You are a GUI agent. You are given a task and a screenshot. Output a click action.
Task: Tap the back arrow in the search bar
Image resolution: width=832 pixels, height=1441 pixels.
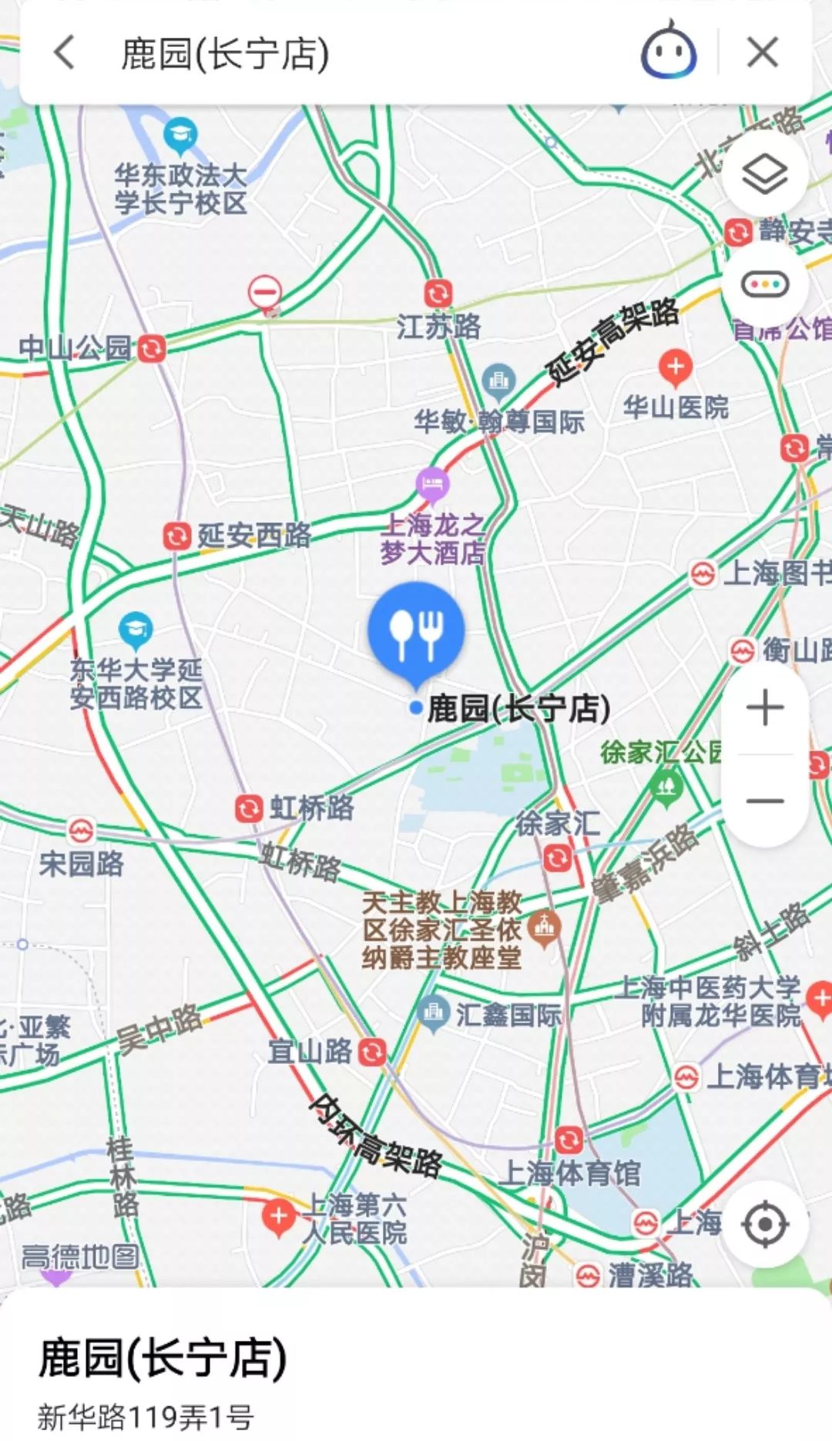(65, 53)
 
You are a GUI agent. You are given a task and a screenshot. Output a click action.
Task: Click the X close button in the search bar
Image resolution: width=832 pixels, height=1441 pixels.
(762, 53)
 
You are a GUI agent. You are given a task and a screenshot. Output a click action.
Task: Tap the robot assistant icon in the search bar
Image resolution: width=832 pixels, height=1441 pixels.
(669, 51)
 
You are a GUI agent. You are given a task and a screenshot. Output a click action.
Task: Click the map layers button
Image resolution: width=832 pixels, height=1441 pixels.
(764, 174)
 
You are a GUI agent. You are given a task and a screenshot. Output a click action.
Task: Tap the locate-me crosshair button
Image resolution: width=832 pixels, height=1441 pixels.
(764, 1224)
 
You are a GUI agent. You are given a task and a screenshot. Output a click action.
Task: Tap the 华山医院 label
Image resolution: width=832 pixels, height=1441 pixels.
(676, 406)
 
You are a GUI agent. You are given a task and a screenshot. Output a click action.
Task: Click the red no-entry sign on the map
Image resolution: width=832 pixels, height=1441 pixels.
(264, 293)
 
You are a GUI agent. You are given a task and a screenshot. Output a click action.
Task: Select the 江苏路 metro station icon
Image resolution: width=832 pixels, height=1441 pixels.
(438, 294)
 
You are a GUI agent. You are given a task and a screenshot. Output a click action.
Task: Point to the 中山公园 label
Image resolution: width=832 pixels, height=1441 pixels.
(75, 348)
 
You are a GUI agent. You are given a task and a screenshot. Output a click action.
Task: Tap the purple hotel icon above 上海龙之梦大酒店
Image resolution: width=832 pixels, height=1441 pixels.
(432, 484)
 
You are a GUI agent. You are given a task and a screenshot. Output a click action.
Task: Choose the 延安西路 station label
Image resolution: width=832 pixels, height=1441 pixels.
(253, 536)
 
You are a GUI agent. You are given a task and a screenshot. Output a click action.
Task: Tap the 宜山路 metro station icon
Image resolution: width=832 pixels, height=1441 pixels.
(372, 1052)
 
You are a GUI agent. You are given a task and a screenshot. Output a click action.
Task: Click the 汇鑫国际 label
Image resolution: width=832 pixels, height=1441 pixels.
(508, 1015)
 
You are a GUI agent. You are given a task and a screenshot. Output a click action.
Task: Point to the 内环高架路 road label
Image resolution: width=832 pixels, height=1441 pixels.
(375, 1135)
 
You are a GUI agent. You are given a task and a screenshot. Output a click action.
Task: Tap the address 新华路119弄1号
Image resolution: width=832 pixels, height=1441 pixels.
(146, 1416)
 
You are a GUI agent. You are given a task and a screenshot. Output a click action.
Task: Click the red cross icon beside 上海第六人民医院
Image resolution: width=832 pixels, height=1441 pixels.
(278, 1217)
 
